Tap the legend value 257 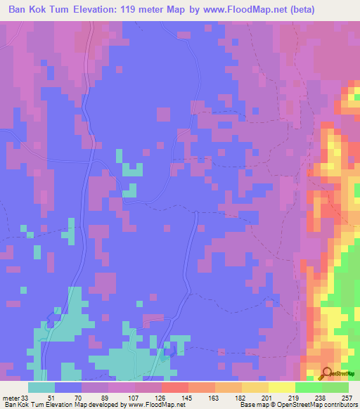click(x=346, y=397)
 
